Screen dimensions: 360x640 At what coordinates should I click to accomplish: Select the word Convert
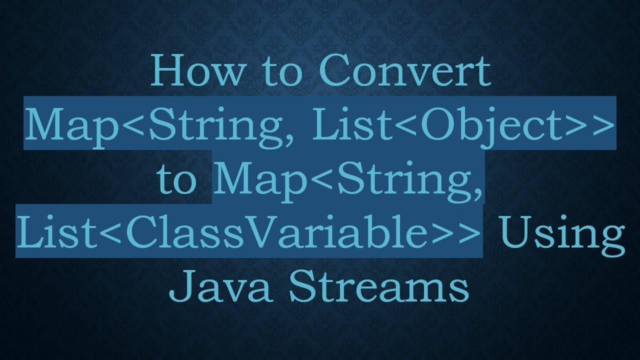404,71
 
